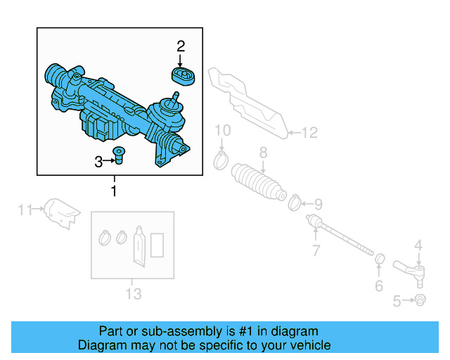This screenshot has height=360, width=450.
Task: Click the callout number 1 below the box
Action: [x=113, y=191]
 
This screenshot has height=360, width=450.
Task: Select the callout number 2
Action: [x=181, y=46]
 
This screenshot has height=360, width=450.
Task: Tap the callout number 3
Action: [x=98, y=162]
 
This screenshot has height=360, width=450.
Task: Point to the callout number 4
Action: [x=418, y=245]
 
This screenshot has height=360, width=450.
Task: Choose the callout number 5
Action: [x=397, y=302]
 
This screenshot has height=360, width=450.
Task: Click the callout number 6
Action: [x=378, y=285]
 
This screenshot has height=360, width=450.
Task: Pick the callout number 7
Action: [x=316, y=250]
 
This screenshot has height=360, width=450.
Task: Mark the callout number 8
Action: [x=263, y=152]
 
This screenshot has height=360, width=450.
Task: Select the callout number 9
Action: [x=318, y=205]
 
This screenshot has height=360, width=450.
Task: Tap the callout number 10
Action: [x=222, y=130]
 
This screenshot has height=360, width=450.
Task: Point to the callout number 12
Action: [x=310, y=131]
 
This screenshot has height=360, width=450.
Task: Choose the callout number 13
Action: [x=134, y=292]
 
